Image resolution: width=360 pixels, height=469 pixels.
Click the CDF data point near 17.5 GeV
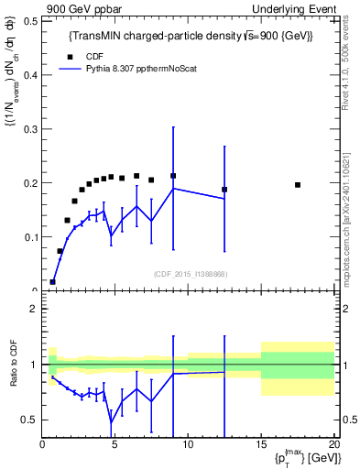point(298,185)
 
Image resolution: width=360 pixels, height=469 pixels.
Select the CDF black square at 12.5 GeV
point(224,190)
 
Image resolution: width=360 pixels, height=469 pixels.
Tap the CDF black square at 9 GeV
point(173,176)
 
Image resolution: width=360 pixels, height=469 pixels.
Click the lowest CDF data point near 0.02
point(52,282)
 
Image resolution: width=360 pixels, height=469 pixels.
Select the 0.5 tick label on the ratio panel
point(29,420)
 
